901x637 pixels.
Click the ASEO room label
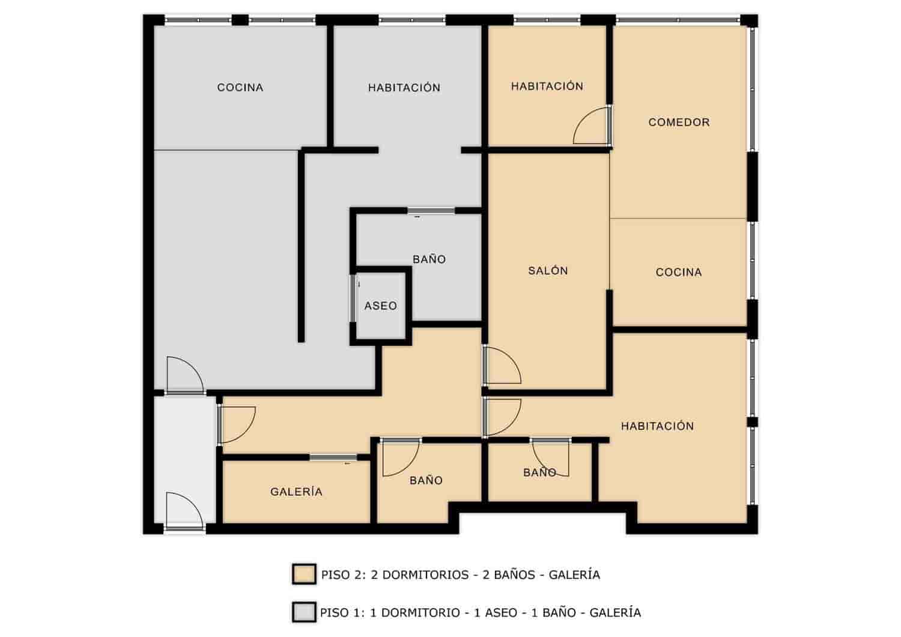pos(380,306)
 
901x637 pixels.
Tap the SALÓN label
pos(548,271)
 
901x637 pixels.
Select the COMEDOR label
pos(679,122)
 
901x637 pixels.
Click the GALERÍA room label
pos(296,492)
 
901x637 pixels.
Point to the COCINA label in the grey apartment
pos(240,88)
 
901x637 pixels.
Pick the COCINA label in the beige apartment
pos(679,272)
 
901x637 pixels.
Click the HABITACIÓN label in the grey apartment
pos(404,88)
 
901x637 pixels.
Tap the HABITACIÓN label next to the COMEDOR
pos(547,86)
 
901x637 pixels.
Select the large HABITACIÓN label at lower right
pos(657,426)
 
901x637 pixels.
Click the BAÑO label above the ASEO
pos(429,259)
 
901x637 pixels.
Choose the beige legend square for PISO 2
pos(304,574)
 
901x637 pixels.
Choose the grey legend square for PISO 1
pos(304,612)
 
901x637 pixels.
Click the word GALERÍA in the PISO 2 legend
pos(574,575)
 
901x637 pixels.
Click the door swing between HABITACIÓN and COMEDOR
pos(592,127)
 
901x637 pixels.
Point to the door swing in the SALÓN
pos(502,366)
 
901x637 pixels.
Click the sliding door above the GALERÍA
pos(333,457)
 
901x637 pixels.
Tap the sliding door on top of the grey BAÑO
pos(431,210)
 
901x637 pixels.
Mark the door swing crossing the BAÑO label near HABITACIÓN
pos(551,457)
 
